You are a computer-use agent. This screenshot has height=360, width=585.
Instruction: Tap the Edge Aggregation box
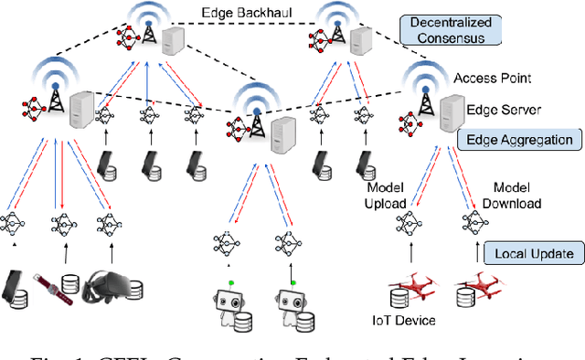click(520, 140)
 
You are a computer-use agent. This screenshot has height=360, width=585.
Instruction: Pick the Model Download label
click(514, 195)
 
